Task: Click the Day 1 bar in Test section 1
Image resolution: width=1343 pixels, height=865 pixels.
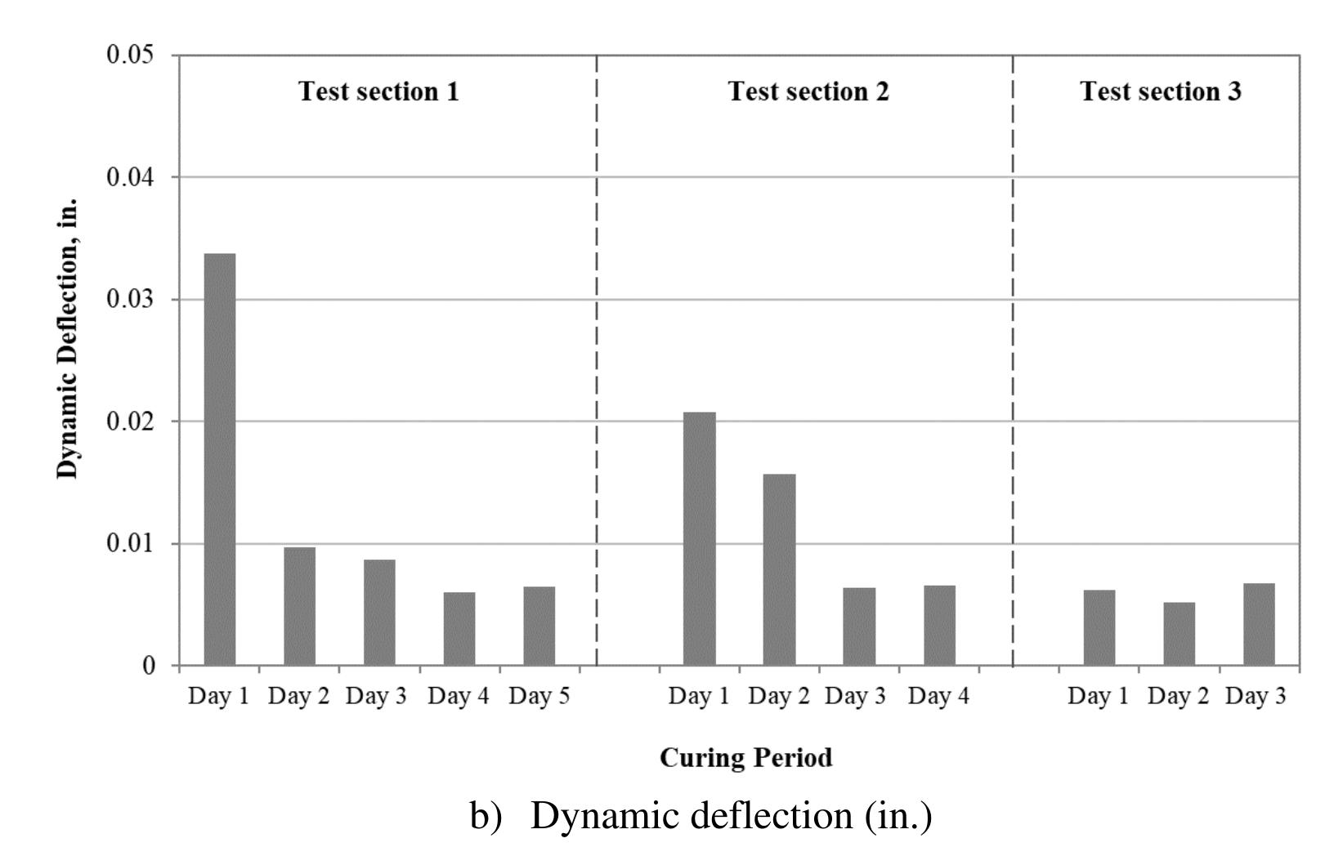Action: click(219, 459)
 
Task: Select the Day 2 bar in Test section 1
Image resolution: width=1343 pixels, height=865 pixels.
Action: click(299, 606)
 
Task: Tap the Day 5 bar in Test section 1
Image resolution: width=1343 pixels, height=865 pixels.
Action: click(539, 626)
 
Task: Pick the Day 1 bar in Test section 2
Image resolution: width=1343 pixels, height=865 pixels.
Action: click(699, 538)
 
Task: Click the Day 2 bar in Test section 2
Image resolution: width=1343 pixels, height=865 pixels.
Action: click(779, 569)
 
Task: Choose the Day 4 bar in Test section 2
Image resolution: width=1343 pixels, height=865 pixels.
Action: click(939, 625)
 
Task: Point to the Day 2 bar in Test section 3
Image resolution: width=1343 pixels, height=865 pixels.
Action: click(1179, 634)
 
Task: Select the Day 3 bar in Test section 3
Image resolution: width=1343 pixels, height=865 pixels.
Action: click(1259, 624)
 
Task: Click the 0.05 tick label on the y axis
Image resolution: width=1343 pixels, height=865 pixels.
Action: click(130, 56)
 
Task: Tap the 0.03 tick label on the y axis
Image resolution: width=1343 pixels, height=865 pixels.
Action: click(130, 300)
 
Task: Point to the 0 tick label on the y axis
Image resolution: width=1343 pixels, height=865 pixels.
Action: click(148, 666)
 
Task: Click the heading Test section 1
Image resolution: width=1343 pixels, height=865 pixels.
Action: click(378, 91)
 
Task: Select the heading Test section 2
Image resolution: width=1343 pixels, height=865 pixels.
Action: click(808, 91)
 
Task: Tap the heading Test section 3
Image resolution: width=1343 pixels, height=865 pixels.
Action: click(1160, 91)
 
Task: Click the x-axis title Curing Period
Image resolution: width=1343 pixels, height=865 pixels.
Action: click(745, 758)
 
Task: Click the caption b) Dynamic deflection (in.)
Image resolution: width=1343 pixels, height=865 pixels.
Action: click(701, 816)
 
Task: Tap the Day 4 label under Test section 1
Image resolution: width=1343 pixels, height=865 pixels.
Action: click(458, 697)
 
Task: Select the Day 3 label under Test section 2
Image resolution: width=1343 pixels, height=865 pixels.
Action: click(855, 697)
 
